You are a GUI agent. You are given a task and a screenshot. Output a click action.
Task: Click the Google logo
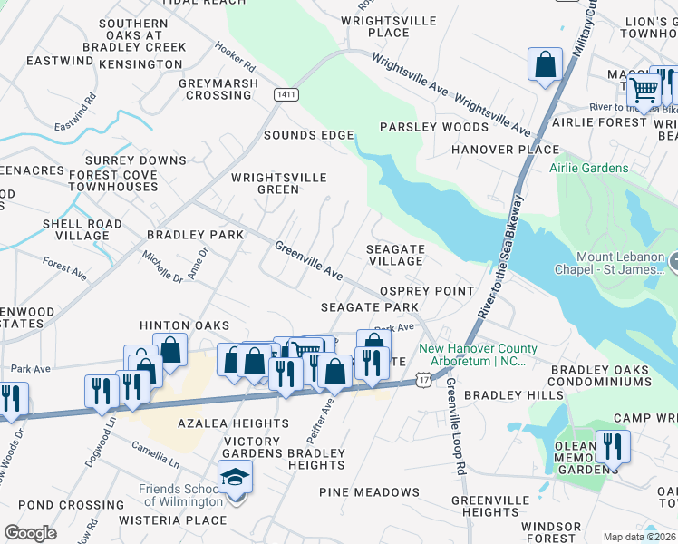tap(30, 533)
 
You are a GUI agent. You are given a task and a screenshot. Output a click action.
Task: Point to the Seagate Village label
tap(394, 255)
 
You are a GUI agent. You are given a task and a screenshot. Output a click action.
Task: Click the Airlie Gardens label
tap(588, 168)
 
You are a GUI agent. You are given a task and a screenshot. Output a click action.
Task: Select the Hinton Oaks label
tap(184, 325)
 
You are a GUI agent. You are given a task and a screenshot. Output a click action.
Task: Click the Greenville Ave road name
tap(309, 260)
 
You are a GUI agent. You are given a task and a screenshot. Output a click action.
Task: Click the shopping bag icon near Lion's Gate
tap(545, 64)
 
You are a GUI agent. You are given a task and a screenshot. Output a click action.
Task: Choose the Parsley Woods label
tap(434, 127)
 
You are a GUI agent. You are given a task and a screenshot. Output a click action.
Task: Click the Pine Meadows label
tap(370, 491)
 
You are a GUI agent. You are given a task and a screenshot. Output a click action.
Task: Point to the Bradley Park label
tap(195, 235)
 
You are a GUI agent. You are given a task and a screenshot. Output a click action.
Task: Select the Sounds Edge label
tap(308, 135)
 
